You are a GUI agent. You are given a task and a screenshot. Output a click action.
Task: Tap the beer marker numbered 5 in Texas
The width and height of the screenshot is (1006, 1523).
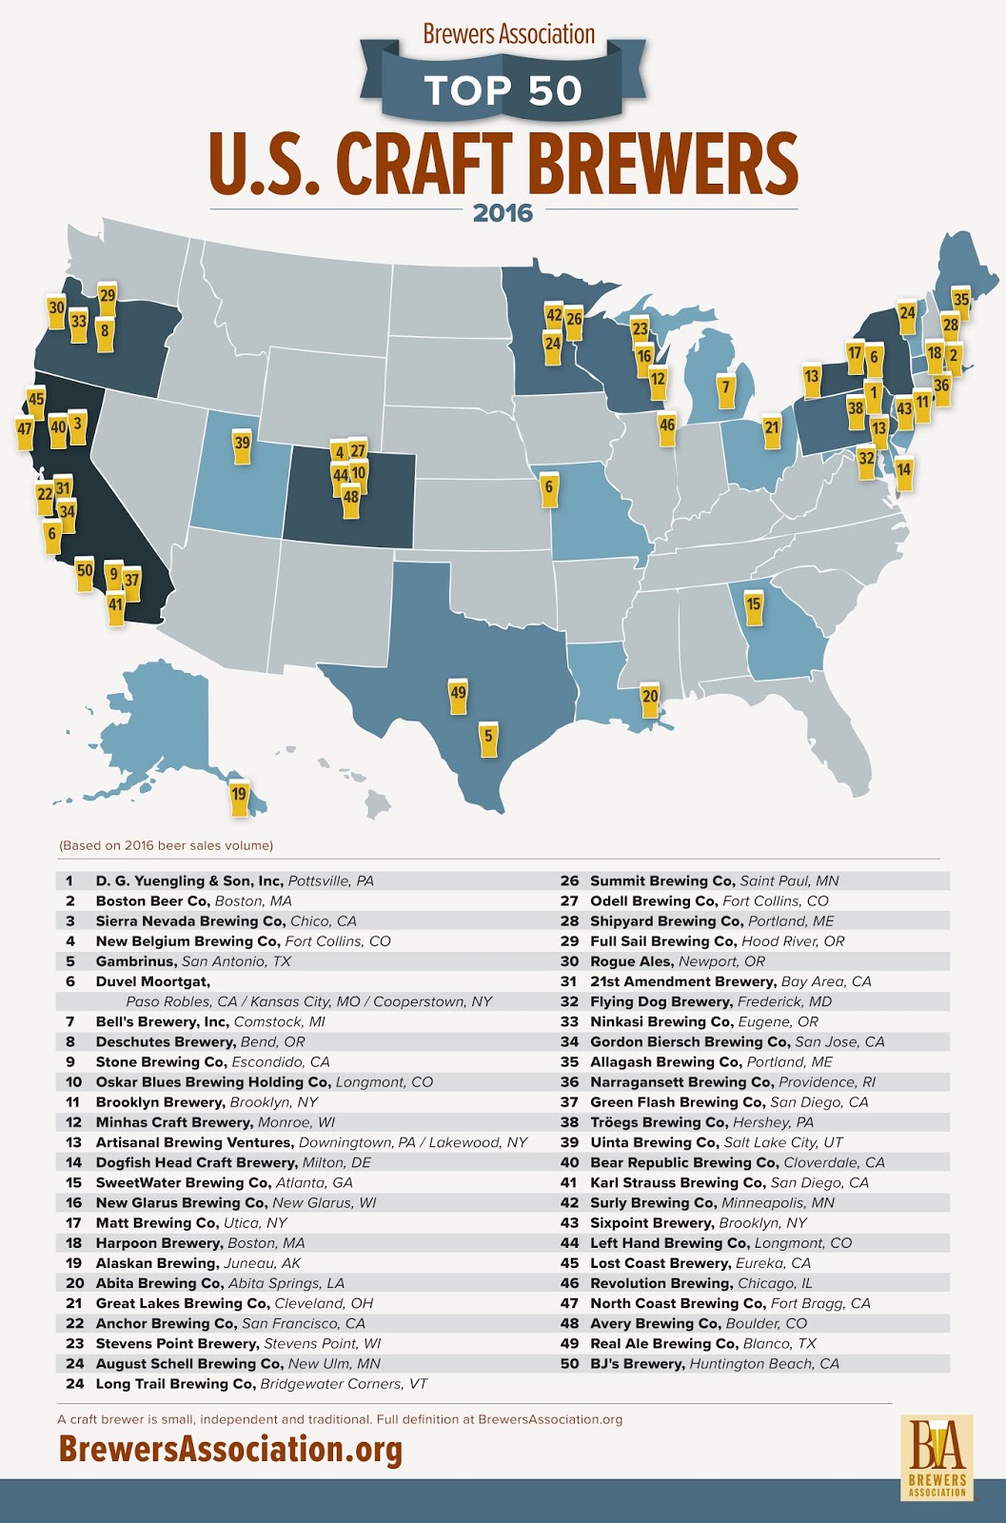click(488, 738)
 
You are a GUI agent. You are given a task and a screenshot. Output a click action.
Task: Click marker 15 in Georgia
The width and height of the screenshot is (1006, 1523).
click(754, 606)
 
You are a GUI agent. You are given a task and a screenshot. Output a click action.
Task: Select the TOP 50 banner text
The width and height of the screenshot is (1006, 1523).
click(503, 90)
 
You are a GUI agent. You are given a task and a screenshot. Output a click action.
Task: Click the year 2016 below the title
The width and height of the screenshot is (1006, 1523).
click(503, 213)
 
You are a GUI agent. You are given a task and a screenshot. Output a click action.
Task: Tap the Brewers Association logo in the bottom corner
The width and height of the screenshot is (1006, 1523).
click(937, 1457)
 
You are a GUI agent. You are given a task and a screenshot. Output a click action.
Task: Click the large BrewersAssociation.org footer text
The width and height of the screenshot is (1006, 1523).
click(230, 1450)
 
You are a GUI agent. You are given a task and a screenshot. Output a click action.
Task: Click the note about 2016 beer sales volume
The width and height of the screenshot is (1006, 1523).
click(166, 845)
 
